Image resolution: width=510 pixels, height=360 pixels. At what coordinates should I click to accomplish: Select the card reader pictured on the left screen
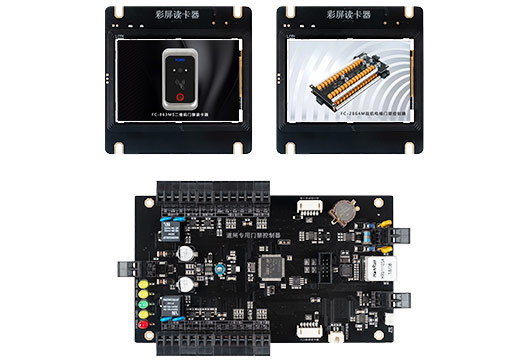[180, 79]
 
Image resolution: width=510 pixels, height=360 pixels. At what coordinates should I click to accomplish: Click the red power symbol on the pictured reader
[180, 98]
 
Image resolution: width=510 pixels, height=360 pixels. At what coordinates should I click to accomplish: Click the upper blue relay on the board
[164, 231]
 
